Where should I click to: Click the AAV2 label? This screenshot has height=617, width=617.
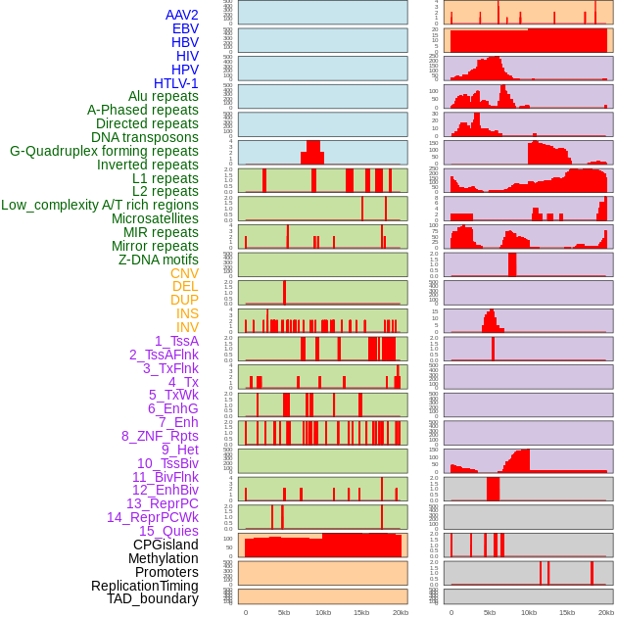182,15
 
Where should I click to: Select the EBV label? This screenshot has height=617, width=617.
185,28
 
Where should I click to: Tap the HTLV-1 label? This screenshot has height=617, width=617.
176,83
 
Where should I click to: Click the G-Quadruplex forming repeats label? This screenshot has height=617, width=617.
104,151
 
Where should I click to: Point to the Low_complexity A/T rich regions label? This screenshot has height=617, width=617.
100,205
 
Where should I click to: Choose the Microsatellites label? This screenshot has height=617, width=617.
155,218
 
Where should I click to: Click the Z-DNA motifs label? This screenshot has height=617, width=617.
159,260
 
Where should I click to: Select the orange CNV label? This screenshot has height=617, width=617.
184,273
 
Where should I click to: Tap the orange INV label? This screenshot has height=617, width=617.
187,327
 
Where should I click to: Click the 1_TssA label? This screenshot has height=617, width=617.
176,341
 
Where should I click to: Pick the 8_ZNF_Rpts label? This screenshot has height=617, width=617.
160,436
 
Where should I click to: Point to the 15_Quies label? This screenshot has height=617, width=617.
168,531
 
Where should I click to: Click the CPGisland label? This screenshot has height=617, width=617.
166,545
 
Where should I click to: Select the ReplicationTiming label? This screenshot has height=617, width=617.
145,586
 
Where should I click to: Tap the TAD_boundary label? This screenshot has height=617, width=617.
153,598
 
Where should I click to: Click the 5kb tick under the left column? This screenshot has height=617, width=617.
284,612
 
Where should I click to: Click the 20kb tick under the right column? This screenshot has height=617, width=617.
606,612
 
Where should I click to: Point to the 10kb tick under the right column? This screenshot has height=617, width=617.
529,612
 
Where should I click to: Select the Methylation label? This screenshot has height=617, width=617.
163,558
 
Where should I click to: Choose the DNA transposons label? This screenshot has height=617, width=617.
145,137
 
